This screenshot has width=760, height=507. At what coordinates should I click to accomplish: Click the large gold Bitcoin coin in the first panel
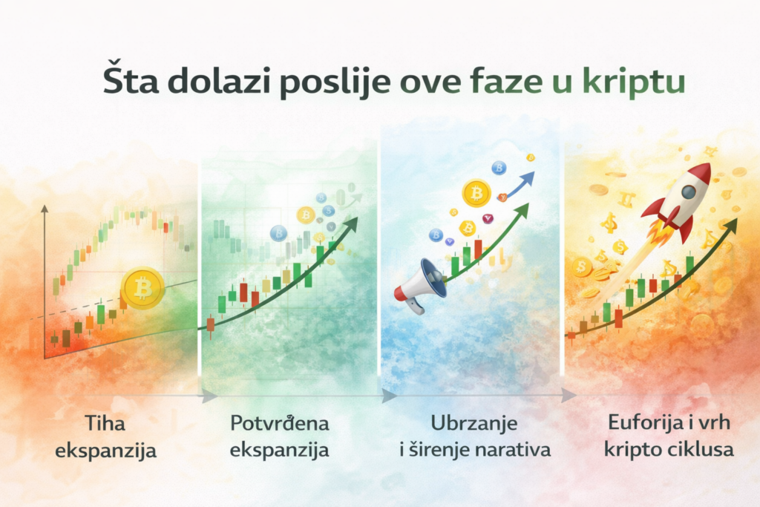click(143, 288)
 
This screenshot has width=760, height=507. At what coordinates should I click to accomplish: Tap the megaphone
click(421, 283)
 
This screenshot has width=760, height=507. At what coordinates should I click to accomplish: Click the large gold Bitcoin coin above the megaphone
click(476, 193)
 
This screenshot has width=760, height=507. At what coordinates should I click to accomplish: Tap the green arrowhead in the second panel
click(352, 223)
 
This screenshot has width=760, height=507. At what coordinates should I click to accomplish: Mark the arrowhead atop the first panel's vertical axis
click(45, 210)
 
